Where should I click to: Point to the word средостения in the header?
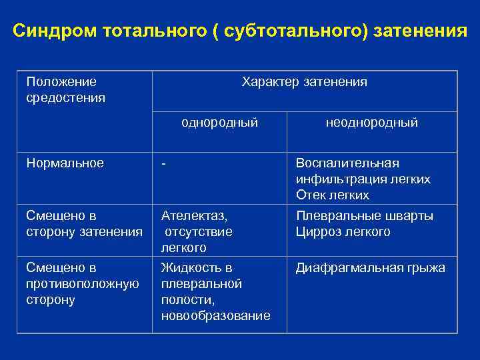point(65,98)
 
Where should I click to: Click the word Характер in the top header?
point(271,82)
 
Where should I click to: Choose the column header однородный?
point(220,123)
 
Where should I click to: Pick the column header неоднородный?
point(372,123)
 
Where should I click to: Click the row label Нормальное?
point(65,163)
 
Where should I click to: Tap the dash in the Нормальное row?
point(163,163)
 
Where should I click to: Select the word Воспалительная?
point(347,163)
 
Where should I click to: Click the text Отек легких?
point(333,195)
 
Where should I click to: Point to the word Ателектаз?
point(193,216)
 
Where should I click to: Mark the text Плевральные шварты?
point(365,216)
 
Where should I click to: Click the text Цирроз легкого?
point(343,232)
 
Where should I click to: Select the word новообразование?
point(216,316)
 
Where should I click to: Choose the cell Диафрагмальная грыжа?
point(371,268)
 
